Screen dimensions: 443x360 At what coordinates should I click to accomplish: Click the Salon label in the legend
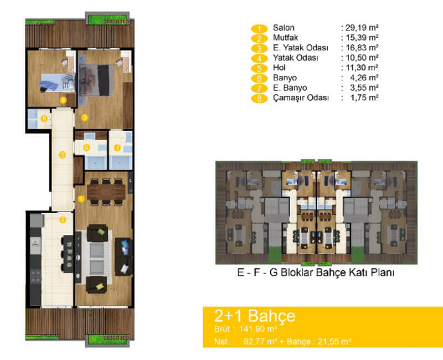pos(284,28)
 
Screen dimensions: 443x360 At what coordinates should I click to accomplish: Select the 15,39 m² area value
pos(362,38)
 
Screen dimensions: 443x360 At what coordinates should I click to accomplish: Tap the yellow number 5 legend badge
pos(259,68)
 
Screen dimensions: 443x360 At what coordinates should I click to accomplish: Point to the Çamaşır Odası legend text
pos(301,98)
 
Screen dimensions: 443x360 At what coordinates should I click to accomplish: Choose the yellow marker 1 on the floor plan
pos(81,199)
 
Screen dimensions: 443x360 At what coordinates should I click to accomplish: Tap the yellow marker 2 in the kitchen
pos(63,219)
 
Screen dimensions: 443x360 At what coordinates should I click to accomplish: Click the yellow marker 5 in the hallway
pos(63,155)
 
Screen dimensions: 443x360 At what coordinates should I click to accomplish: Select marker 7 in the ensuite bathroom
pos(117,147)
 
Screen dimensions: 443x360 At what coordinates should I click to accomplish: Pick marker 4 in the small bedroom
pos(63,100)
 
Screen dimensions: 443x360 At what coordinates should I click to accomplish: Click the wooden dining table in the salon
pos(106,192)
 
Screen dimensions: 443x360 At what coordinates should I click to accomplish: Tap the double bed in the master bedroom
pos(96,80)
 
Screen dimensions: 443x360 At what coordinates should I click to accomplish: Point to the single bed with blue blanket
pos(58,83)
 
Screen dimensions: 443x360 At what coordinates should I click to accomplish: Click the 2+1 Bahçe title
pos(255,316)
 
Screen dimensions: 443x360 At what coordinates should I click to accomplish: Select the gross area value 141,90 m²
pos(258,329)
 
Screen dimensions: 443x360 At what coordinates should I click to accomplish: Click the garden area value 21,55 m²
pos(334,342)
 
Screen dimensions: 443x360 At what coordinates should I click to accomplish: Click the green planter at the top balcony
pos(107,19)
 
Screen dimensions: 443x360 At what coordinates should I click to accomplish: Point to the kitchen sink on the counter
pos(35,245)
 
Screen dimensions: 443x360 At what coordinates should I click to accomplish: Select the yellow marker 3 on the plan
pos(85,117)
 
